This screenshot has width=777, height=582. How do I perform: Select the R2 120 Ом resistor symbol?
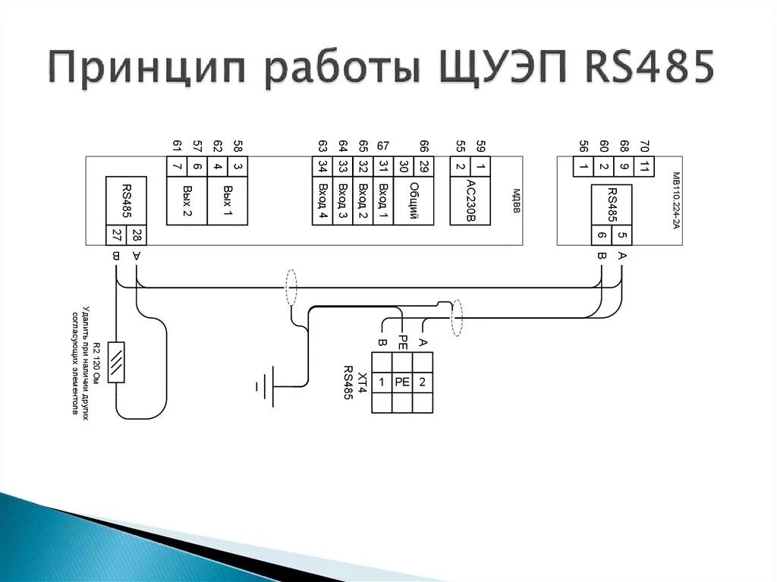pos(117,362)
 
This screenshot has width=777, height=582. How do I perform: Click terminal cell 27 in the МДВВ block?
pos(116,235)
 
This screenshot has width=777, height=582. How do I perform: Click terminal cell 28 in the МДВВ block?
pos(137,235)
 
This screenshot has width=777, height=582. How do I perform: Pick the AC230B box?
pos(470,201)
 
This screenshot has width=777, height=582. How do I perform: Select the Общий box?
pos(414,201)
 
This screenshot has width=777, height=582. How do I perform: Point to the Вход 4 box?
pos(322,201)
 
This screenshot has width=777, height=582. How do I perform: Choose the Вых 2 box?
pos(187,201)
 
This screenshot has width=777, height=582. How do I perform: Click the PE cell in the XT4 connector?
pos(402,382)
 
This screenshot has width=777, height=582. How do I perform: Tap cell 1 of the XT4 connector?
pos(382,382)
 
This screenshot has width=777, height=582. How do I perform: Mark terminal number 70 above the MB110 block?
pos(644,146)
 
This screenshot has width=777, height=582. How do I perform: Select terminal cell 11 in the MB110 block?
pos(643,167)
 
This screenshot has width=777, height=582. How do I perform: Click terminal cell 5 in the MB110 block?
pos(621,235)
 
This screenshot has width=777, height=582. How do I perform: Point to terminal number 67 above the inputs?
pos(383,146)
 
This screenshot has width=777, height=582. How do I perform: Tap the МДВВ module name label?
pos(515,201)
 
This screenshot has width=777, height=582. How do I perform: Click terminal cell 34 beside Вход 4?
pos(322,166)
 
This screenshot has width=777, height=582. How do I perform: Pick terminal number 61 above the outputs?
pos(177,146)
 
